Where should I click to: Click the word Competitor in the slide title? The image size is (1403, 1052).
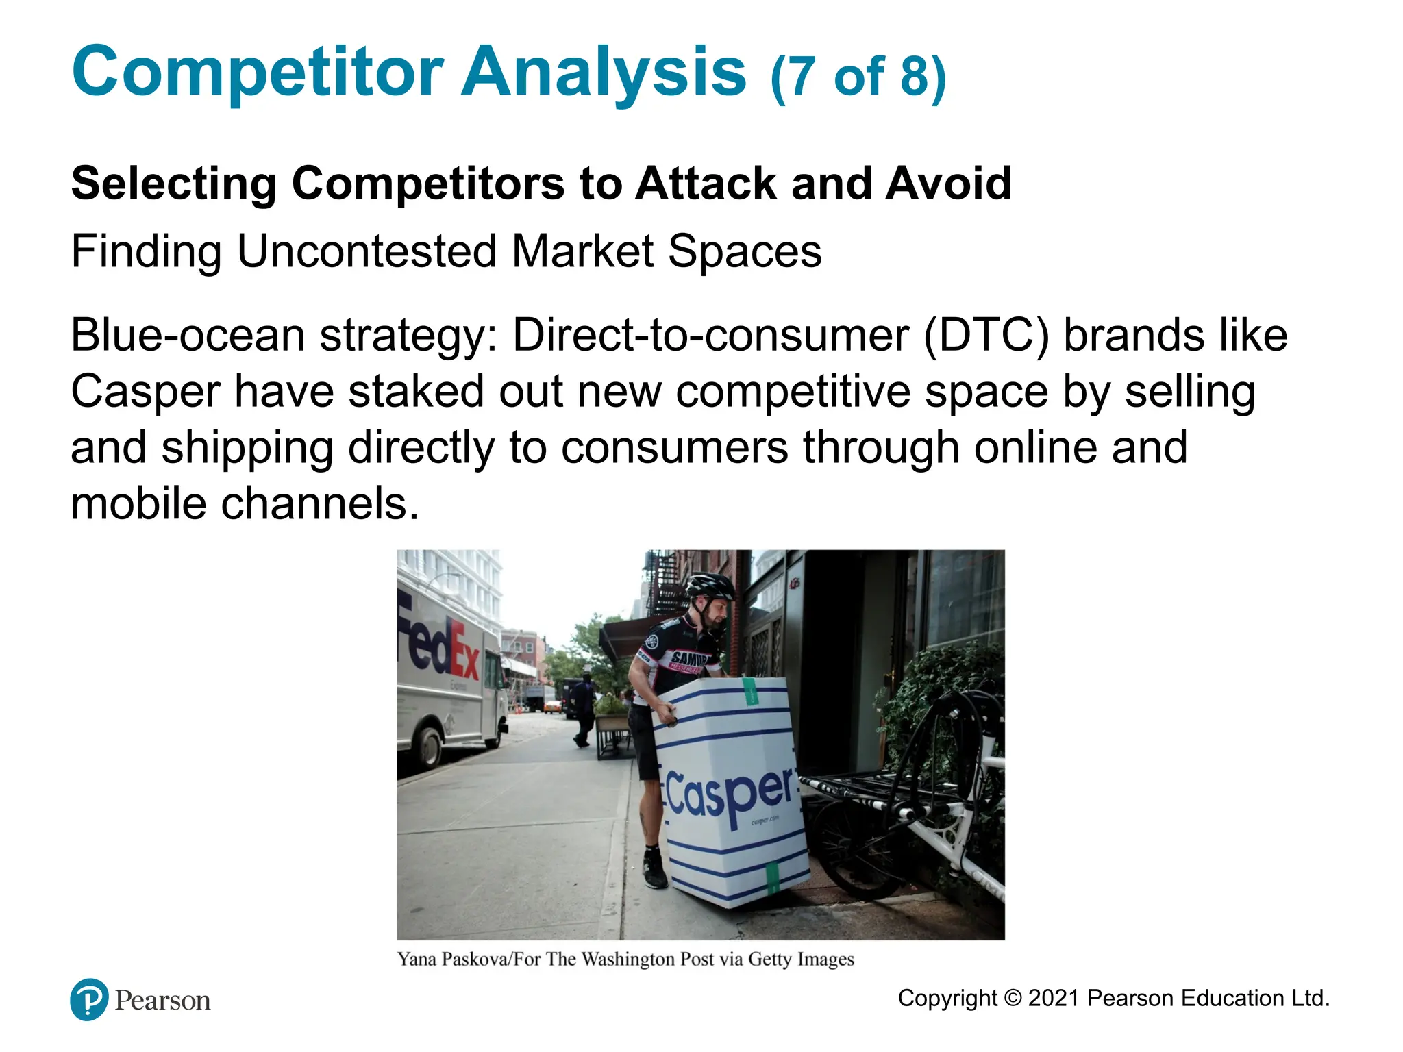[258, 73]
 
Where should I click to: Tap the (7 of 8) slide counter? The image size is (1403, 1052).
[858, 77]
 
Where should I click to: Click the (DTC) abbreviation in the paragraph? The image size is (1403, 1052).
[986, 336]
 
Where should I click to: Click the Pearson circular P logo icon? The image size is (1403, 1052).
[89, 999]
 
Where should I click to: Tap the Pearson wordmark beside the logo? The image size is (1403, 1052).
[162, 1001]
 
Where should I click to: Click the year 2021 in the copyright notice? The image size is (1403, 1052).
[1054, 998]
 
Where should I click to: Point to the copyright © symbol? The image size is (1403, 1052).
[1013, 998]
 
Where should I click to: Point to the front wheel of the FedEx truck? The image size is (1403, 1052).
[428, 746]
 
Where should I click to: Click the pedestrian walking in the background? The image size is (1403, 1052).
[583, 710]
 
